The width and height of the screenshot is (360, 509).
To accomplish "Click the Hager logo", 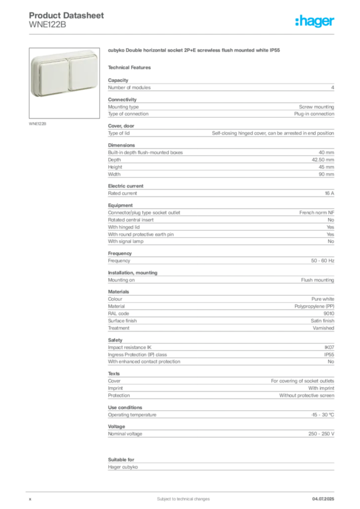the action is pos(315,21).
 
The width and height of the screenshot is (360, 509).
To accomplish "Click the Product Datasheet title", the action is pos(66,15).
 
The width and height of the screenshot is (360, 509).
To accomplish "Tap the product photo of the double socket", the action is pos(64,83).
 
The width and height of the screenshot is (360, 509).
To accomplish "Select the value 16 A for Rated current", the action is pos(330,193).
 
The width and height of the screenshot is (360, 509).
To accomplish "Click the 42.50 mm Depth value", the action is pos(323,160).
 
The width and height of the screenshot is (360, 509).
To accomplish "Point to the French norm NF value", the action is pos(317,213).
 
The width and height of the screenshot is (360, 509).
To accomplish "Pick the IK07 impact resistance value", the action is pos(329,347).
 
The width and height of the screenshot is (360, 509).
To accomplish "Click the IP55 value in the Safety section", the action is pos(329,354).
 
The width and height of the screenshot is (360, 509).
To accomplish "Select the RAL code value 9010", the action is pos(329,314).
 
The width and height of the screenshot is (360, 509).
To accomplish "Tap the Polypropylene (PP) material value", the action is pos(314,306).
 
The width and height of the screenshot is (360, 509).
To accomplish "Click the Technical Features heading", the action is pos(129,68).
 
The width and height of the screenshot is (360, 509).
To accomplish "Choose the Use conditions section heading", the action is pos(125,408).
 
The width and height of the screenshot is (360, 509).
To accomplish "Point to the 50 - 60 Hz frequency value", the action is pos(323,260).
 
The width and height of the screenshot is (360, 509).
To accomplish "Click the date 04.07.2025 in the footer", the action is pos(323,499).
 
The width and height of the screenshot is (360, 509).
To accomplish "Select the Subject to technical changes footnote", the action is pos(183,499).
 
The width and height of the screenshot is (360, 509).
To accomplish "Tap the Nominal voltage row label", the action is pos(125,433).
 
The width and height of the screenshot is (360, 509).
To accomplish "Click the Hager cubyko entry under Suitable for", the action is pos(123,467).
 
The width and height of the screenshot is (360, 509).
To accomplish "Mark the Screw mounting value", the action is pos(317,107).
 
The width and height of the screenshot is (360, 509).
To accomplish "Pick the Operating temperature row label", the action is pos(132,415).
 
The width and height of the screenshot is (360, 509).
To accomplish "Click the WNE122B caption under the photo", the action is pos(37,124).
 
